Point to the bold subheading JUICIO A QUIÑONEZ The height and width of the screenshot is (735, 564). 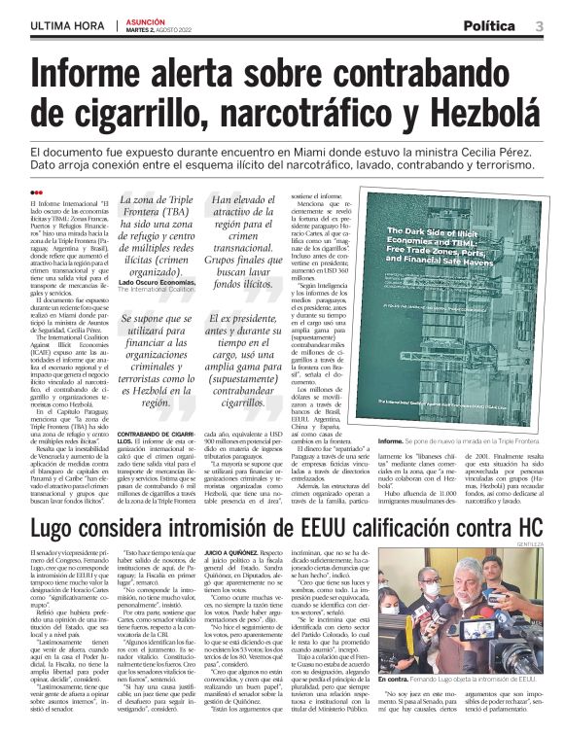[x=232, y=552]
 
